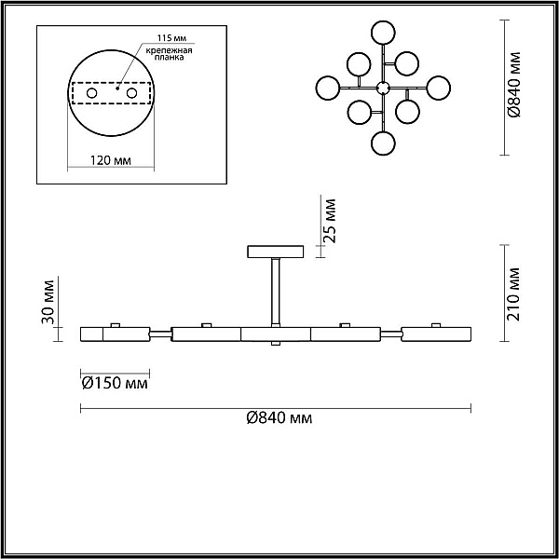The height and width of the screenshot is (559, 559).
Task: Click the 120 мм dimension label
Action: tap(110, 160)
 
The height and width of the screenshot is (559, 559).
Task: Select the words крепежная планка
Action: tap(169, 53)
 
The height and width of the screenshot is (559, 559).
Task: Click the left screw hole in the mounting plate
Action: tap(91, 93)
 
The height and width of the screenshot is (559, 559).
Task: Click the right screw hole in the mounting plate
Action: tap(131, 93)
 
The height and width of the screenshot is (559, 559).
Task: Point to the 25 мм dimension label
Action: tap(330, 221)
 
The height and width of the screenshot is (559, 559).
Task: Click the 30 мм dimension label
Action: tap(48, 302)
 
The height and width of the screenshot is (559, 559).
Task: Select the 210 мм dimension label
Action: tap(513, 293)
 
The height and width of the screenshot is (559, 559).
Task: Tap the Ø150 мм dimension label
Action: tap(115, 383)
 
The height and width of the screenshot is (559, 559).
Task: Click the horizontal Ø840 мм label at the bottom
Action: tap(279, 417)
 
